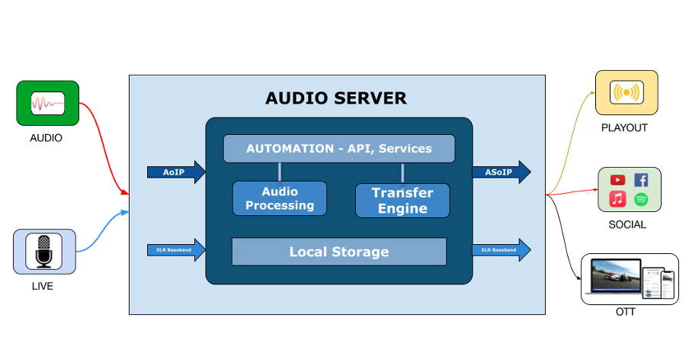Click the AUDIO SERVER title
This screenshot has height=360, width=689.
[335, 98]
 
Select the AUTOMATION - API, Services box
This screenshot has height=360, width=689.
[338, 149]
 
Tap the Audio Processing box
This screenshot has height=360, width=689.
[280, 198]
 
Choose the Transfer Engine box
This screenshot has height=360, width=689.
[402, 201]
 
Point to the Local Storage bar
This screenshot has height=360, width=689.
[338, 252]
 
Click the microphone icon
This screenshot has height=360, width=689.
[44, 252]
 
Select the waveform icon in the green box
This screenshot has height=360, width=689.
[47, 103]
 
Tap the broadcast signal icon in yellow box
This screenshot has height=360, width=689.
[627, 92]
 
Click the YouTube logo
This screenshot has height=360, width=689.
[618, 180]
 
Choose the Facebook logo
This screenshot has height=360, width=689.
[641, 180]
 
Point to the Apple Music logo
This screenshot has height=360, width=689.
[618, 200]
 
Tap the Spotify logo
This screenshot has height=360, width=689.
[641, 200]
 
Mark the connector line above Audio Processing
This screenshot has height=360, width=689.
[280, 172]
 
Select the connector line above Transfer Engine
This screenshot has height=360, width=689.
[402, 173]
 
